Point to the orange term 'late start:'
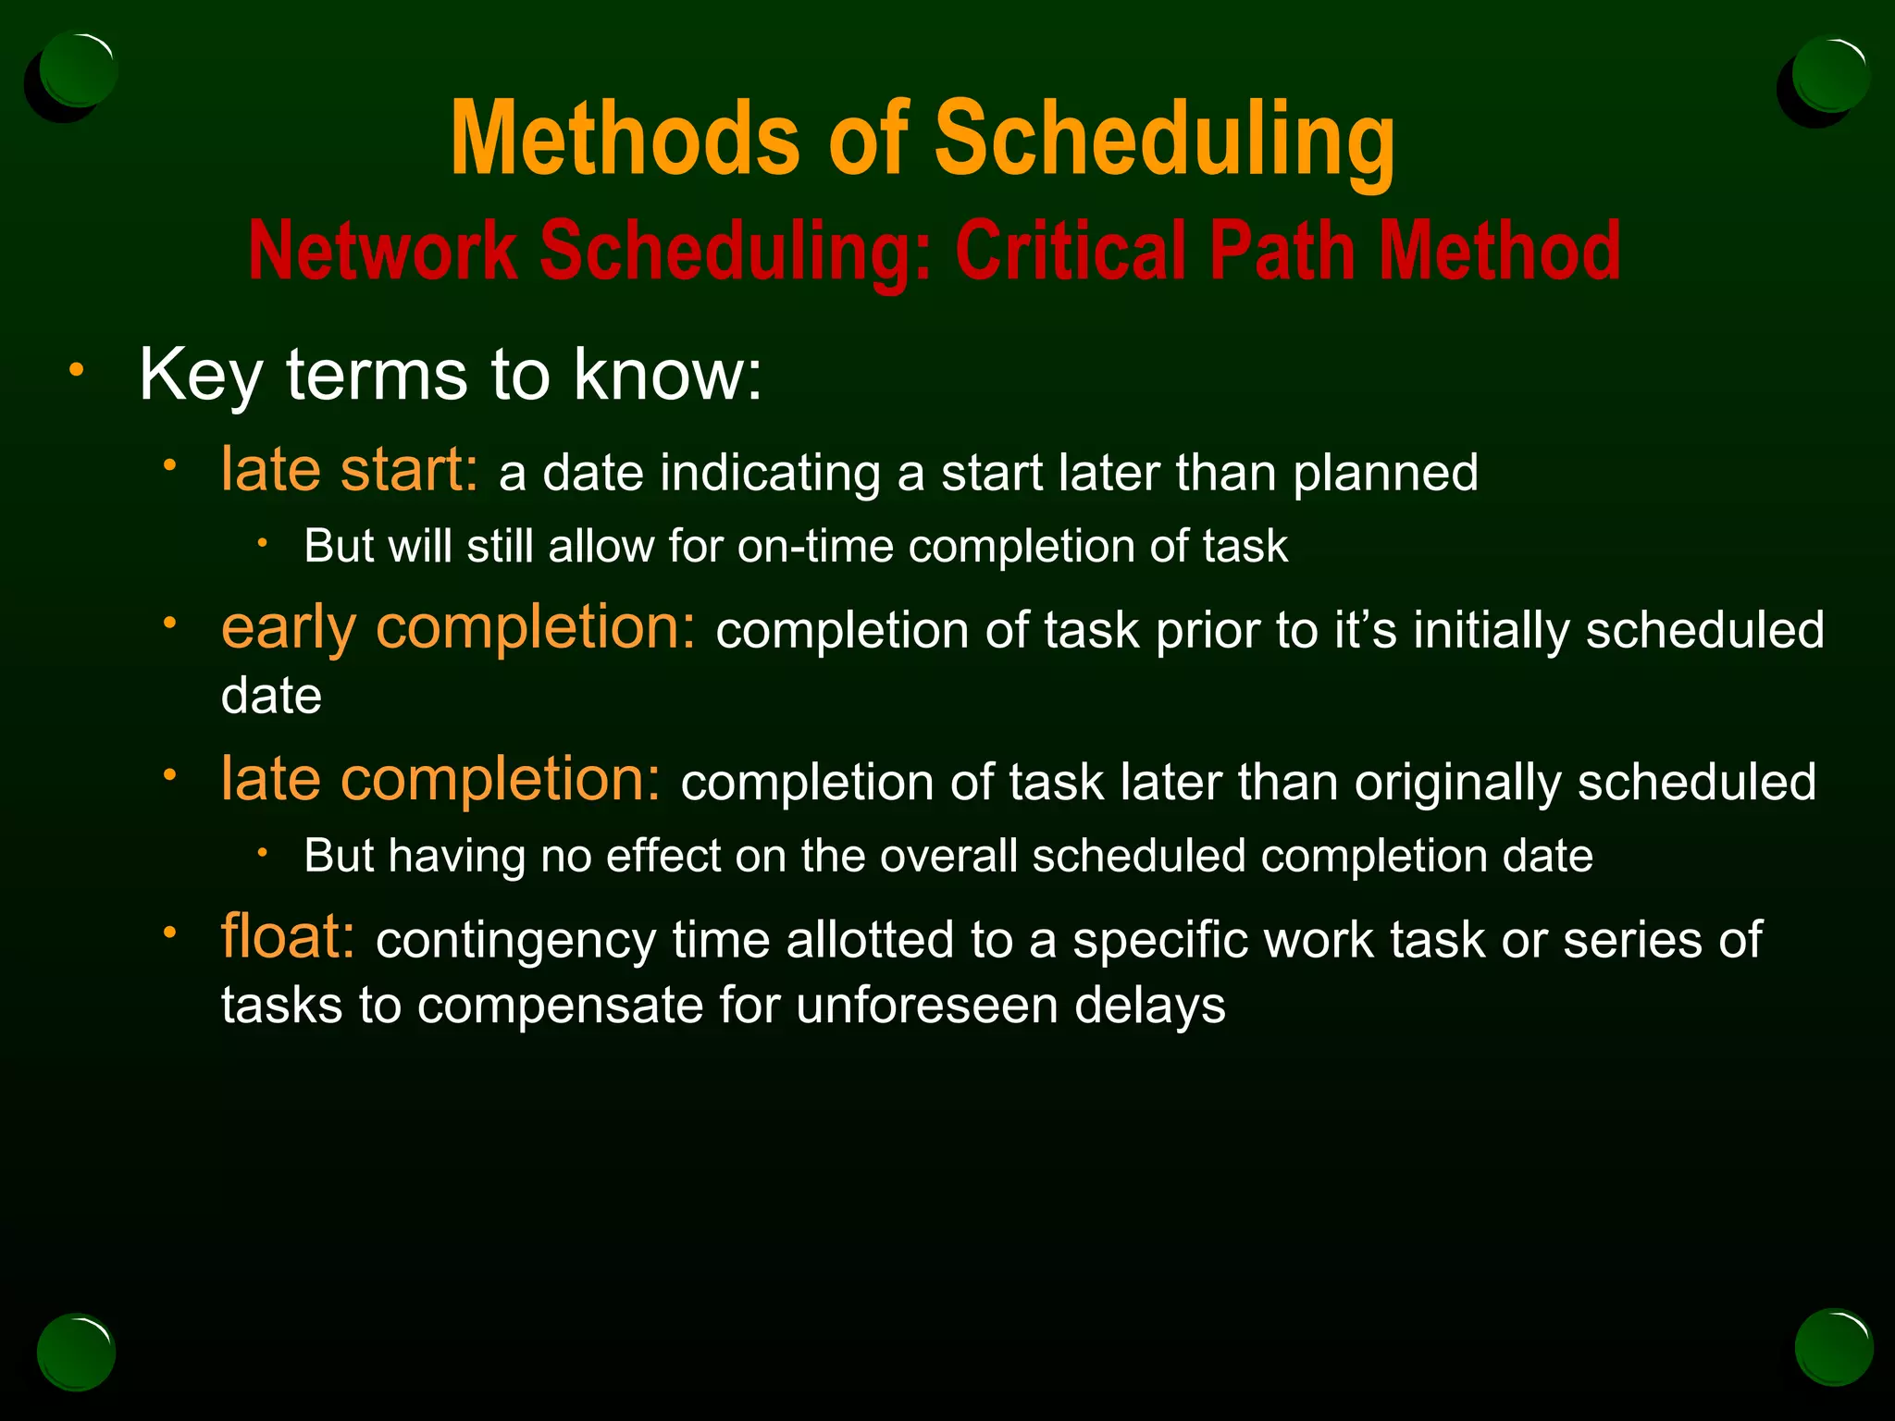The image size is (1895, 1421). [350, 470]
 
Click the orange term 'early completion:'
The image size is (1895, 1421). [458, 628]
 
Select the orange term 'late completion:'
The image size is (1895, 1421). [441, 780]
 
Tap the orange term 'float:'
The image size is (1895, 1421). [288, 937]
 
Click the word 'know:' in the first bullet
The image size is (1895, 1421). [668, 375]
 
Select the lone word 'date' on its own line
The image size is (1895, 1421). [271, 696]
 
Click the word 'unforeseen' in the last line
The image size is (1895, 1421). [926, 1006]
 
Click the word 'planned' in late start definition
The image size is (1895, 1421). [1385, 474]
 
